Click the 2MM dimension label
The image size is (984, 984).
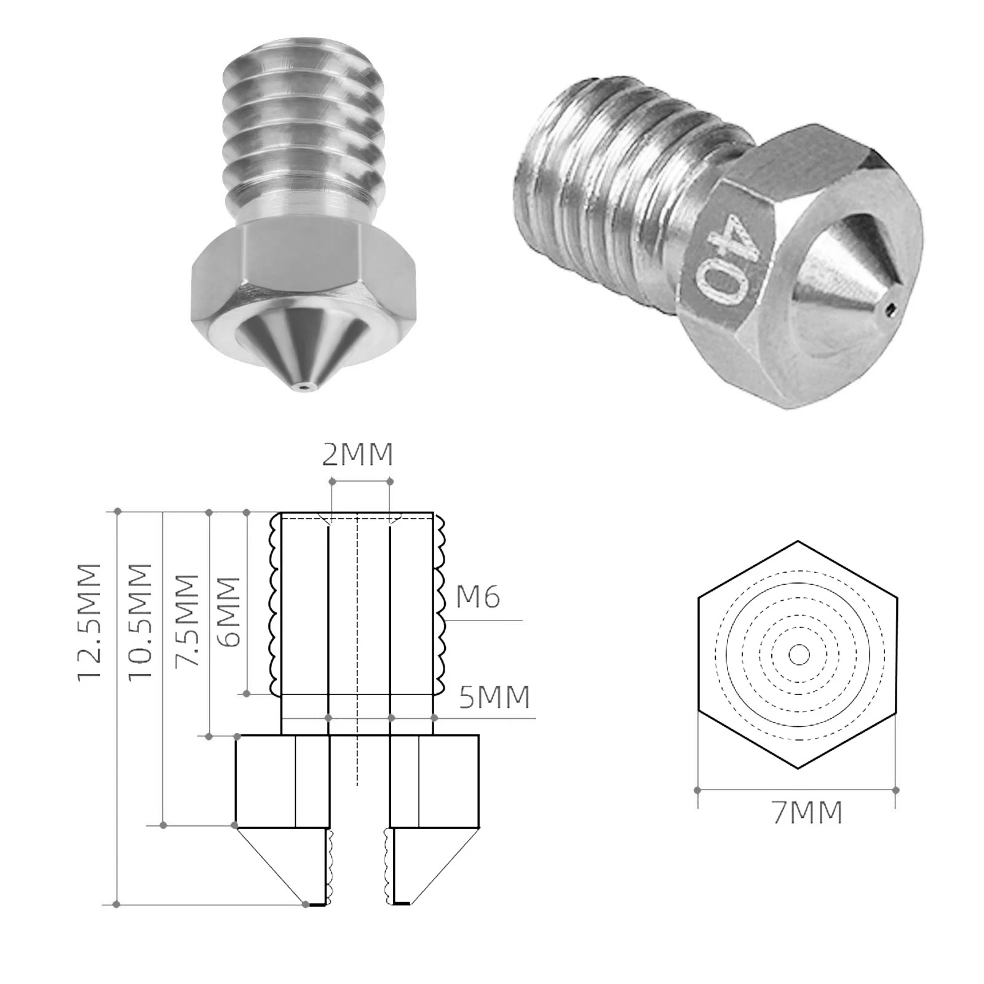(357, 455)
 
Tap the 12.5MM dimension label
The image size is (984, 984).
(90, 622)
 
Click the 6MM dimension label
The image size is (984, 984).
(228, 612)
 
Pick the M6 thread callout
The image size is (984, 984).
(478, 597)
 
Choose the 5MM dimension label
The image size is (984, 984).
(494, 697)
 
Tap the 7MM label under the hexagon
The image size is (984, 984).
(807, 812)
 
